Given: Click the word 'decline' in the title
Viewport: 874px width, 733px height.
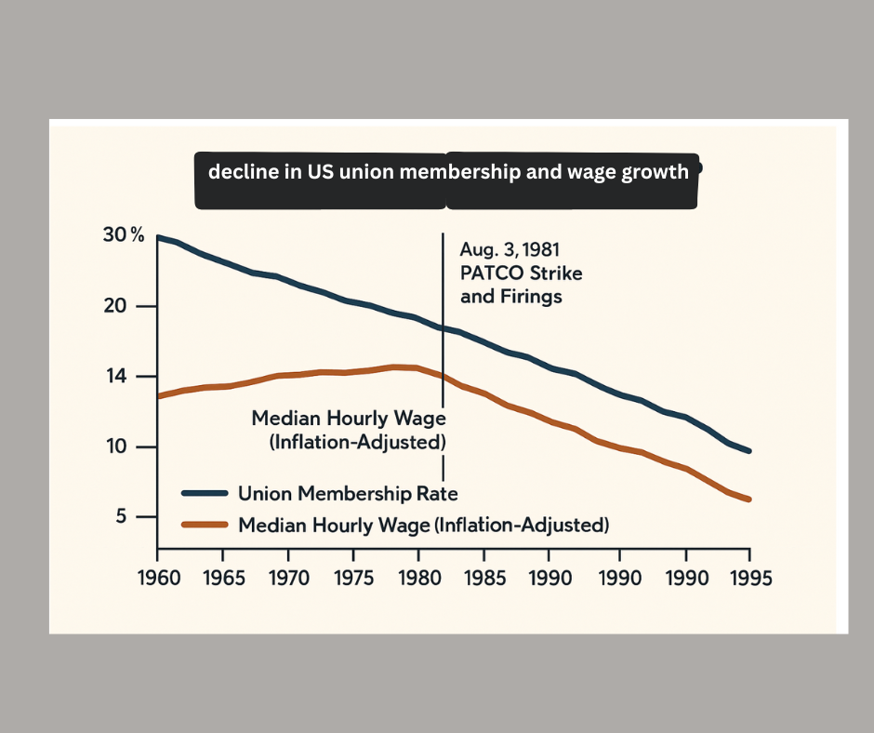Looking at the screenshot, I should click(x=238, y=171).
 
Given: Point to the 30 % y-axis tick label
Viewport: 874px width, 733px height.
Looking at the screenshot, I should click(x=124, y=235).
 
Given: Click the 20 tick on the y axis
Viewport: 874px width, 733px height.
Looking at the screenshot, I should click(x=126, y=306).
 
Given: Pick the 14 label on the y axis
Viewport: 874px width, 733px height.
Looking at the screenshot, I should click(x=126, y=377).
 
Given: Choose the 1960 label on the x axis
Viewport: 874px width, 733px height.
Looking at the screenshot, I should click(x=158, y=578).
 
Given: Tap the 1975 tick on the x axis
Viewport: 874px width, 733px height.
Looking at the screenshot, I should click(x=354, y=578).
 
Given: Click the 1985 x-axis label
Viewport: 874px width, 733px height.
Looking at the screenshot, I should click(x=485, y=578).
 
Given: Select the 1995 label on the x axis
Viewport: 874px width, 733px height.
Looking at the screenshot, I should click(x=748, y=578).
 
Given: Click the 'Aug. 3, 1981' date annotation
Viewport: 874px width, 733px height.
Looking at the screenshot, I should click(x=509, y=250).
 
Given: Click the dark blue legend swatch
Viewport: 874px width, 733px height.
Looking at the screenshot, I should click(x=204, y=493).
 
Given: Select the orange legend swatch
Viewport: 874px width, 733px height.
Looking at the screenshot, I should click(x=204, y=525).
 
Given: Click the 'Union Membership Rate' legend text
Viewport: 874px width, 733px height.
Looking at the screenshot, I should click(x=348, y=493).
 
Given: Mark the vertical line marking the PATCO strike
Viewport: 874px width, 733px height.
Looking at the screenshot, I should click(x=443, y=326).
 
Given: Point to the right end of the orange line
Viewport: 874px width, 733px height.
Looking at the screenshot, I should click(x=748, y=500).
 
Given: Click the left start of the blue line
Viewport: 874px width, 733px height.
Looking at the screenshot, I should click(x=159, y=237).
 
